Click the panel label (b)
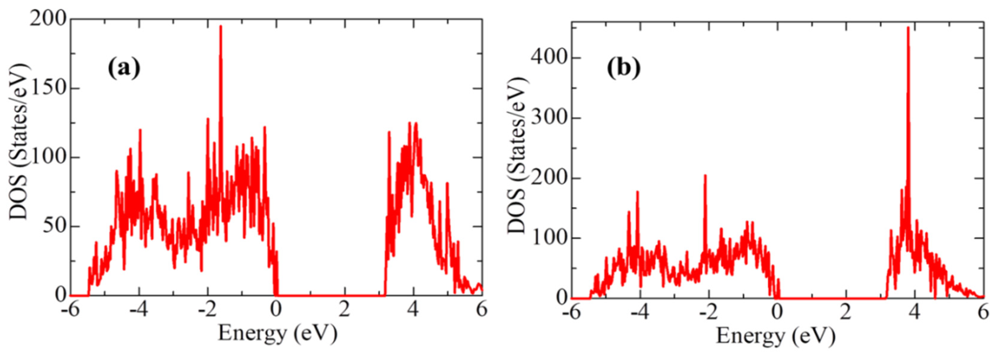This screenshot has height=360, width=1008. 624,69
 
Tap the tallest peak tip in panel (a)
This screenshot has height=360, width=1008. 221,27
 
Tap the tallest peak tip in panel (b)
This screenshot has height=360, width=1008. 908,28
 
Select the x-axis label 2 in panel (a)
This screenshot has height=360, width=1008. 344,310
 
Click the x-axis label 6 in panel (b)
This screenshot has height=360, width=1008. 983,313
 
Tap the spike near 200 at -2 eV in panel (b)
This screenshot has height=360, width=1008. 706,176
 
